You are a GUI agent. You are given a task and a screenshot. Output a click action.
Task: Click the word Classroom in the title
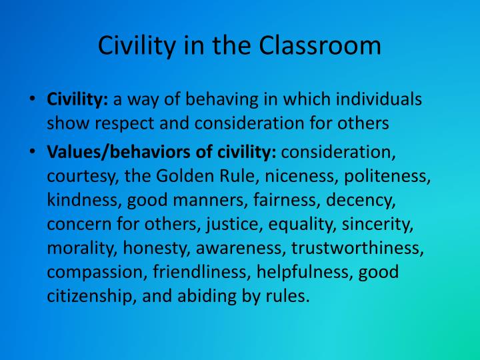tap(320, 45)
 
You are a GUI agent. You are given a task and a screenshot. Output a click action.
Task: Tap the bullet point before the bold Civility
tap(33, 99)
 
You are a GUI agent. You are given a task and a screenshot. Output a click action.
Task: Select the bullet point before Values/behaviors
tap(33, 151)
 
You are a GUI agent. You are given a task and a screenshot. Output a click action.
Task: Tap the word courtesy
tap(83, 176)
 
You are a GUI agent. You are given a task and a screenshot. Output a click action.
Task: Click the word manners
tap(211, 200)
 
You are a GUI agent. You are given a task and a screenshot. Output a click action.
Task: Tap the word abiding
tap(207, 296)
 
